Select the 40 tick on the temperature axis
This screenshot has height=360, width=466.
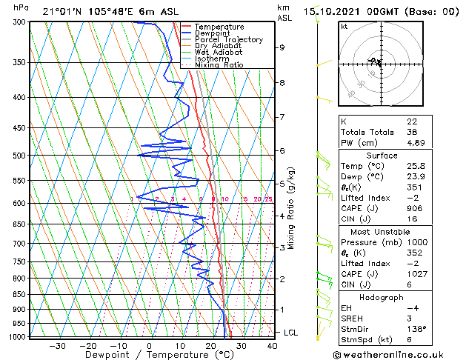pyautogui.click(x=272, y=345)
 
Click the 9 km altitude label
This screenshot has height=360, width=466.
pyautogui.click(x=282, y=47)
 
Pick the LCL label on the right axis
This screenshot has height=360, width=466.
pyautogui.click(x=290, y=333)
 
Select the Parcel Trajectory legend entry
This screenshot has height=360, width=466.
pyautogui.click(x=228, y=40)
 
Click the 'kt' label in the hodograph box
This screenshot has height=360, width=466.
pyautogui.click(x=344, y=26)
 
